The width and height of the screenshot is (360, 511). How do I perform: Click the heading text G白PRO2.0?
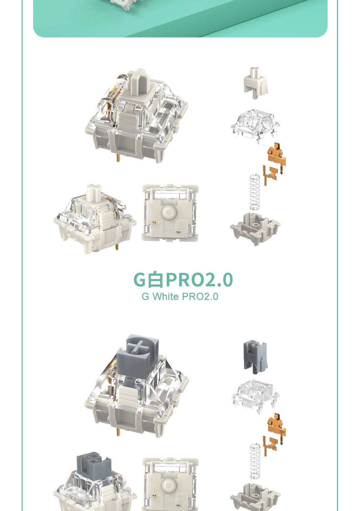183,280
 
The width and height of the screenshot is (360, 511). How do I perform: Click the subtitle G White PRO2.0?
180,296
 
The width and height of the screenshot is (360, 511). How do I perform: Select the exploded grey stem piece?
255,356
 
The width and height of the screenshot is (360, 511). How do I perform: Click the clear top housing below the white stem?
255,125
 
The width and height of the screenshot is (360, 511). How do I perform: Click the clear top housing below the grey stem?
255,396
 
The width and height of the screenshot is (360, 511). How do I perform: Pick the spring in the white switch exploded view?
255,192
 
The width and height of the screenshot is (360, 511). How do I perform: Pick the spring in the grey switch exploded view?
255,460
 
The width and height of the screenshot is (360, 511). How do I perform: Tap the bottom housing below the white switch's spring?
255,228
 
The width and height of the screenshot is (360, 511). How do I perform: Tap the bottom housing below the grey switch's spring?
255,497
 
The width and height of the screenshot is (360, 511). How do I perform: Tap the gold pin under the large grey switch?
118,431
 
